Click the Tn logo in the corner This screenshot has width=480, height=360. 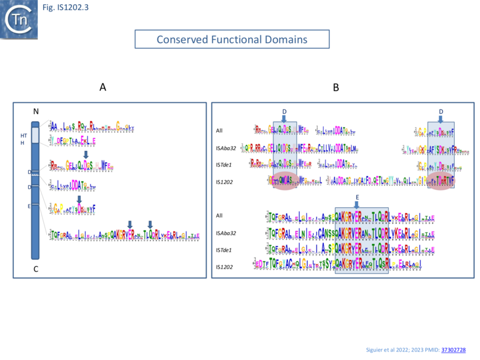coord(19,19)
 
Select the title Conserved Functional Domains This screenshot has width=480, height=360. coord(232,40)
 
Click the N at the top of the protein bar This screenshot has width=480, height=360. coord(35,112)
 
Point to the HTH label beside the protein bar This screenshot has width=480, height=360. coord(23,139)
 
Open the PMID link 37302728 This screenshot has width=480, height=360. coord(454,349)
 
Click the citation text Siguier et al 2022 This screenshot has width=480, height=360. coord(390,349)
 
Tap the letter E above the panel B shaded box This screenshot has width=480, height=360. coord(357,198)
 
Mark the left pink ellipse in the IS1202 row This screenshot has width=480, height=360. coord(285,181)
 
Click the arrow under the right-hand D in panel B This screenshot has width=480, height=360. coord(441,120)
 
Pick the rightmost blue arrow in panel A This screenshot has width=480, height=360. coord(150,224)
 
